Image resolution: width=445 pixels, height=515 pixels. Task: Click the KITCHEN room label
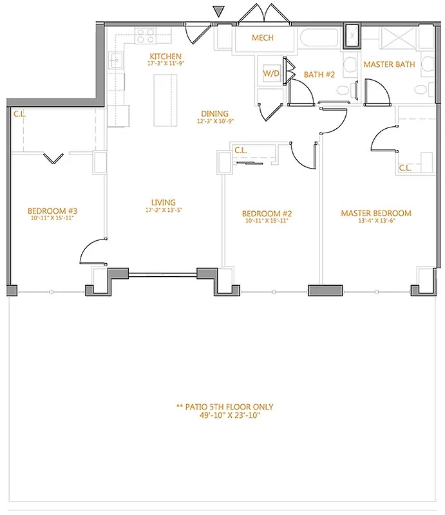click(x=166, y=57)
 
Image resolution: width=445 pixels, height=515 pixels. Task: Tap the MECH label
click(x=263, y=38)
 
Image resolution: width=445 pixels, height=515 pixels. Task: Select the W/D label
click(x=270, y=74)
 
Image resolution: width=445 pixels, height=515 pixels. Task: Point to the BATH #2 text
click(x=319, y=75)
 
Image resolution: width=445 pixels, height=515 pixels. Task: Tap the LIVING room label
click(x=160, y=202)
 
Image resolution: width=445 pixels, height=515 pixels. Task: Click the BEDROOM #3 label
click(x=53, y=211)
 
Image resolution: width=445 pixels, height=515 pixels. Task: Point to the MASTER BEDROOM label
click(x=376, y=213)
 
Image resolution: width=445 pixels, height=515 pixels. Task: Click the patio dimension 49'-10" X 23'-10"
click(x=225, y=416)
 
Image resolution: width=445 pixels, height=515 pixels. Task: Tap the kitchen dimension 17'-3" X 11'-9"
click(x=166, y=64)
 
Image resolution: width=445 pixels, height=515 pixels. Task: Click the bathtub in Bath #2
click(x=317, y=39)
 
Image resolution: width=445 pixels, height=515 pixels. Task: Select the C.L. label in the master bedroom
click(x=405, y=168)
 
